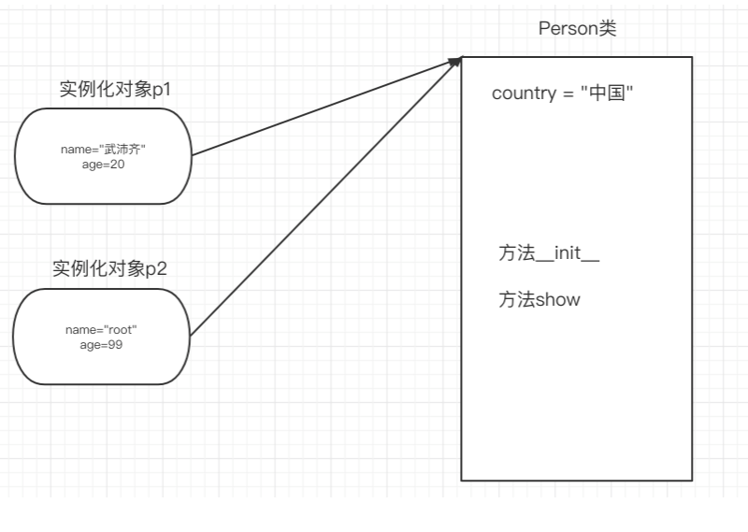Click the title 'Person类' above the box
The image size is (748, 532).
pyautogui.click(x=577, y=28)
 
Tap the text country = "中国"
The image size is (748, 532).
pyautogui.click(x=563, y=93)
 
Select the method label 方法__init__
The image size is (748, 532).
pyautogui.click(x=549, y=253)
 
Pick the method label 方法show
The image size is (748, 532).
pyautogui.click(x=539, y=299)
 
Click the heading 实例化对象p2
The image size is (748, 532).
pyautogui.click(x=109, y=269)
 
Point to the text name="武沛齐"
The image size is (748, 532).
pyautogui.click(x=104, y=150)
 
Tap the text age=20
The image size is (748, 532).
pyautogui.click(x=104, y=165)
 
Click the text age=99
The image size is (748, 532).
pyautogui.click(x=102, y=344)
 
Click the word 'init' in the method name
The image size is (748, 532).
pyautogui.click(x=567, y=253)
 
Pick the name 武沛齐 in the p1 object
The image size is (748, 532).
pyautogui.click(x=122, y=150)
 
